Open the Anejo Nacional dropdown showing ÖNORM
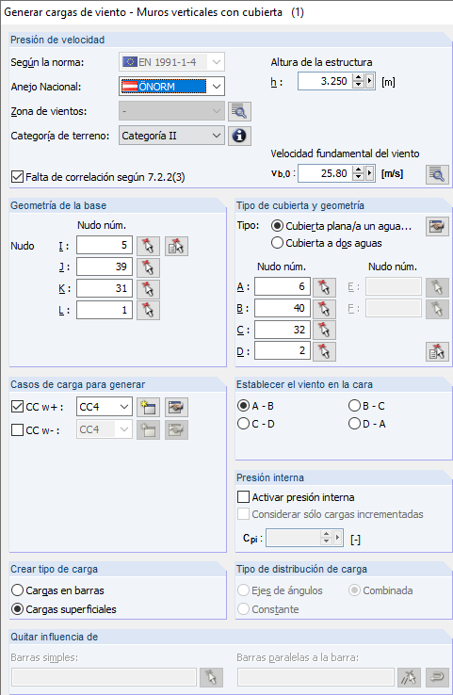(171, 87)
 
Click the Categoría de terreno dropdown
(171, 136)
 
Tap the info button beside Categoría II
(239, 136)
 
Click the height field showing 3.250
(325, 81)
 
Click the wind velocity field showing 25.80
(325, 173)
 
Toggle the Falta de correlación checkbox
(17, 177)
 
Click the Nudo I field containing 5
(105, 245)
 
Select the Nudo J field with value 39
(105, 267)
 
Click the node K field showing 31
(105, 288)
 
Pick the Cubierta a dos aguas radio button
(277, 243)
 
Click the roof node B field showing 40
(283, 308)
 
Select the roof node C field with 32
(283, 330)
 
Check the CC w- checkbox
(17, 430)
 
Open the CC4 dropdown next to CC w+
(105, 407)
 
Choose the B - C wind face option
(354, 406)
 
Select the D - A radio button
(354, 424)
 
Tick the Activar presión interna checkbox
(243, 497)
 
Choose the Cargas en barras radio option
(17, 590)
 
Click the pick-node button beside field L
(148, 310)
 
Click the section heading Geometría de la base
(58, 205)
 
